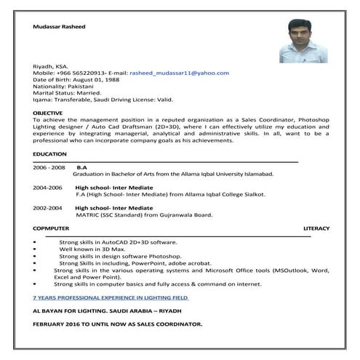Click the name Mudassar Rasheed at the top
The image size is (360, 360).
60,26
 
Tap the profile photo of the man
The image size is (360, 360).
303,41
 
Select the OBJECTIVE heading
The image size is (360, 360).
48,113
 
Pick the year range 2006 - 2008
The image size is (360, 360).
49,167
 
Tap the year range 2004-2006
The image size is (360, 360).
48,188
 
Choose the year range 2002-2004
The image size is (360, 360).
48,208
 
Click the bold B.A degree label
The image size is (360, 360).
81,167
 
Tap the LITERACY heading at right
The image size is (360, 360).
316,228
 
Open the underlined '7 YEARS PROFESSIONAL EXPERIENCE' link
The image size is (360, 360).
111,297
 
